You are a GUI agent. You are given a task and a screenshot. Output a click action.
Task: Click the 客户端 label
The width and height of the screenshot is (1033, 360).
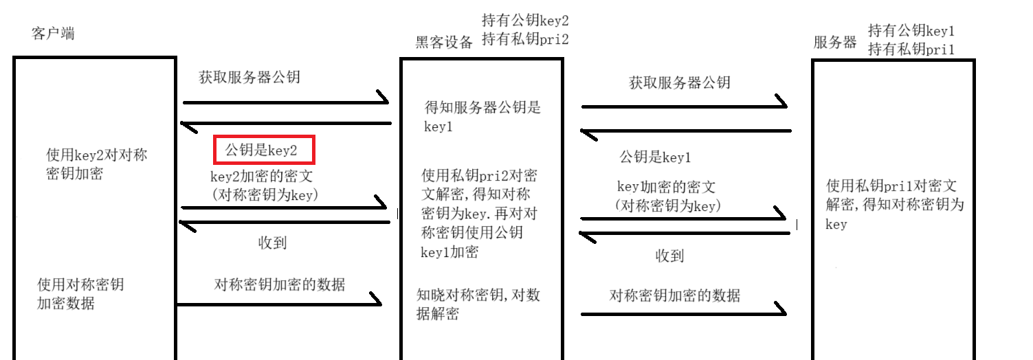tap(53, 34)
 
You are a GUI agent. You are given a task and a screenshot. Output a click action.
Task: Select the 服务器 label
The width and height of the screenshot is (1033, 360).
tap(835, 43)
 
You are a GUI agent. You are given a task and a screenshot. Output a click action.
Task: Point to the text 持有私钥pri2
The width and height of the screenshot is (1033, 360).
tap(526, 39)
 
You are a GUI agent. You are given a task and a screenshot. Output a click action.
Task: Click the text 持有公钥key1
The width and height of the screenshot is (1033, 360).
tap(911, 31)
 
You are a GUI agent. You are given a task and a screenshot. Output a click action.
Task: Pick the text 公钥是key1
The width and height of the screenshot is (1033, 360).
tap(655, 157)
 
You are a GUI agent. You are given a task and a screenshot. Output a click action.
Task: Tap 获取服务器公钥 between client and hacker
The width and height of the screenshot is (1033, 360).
tap(249, 77)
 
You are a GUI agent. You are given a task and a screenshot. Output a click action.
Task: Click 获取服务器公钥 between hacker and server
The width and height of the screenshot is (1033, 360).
tap(680, 83)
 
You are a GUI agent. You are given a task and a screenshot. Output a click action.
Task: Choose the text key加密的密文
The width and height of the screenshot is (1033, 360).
tap(666, 187)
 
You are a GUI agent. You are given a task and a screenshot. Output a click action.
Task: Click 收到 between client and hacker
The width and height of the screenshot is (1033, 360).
tap(272, 243)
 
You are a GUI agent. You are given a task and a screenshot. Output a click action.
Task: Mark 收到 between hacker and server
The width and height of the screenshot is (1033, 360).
tap(669, 256)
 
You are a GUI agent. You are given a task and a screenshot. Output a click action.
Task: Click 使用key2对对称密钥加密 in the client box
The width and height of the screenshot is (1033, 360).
tap(97, 164)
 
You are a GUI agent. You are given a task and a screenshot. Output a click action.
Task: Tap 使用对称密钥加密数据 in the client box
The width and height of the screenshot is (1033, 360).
tap(80, 293)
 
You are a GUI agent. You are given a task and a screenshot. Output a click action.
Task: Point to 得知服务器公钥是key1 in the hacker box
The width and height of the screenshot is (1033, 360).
tap(482, 117)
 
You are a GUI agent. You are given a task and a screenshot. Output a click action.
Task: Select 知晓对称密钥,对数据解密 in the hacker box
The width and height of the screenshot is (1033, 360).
tap(478, 304)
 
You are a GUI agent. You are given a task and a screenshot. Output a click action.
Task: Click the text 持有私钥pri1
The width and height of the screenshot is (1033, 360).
tap(911, 49)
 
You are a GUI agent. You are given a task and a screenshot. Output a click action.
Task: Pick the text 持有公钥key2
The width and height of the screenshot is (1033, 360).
tap(526, 21)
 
